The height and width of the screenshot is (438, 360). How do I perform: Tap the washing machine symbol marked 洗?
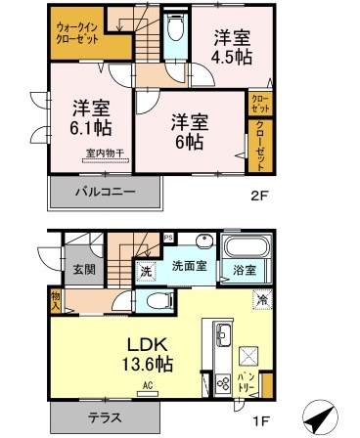click(144, 269)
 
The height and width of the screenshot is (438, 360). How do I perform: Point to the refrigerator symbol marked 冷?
click(263, 300)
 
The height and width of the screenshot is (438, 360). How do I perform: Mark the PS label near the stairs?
click(167, 237)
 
